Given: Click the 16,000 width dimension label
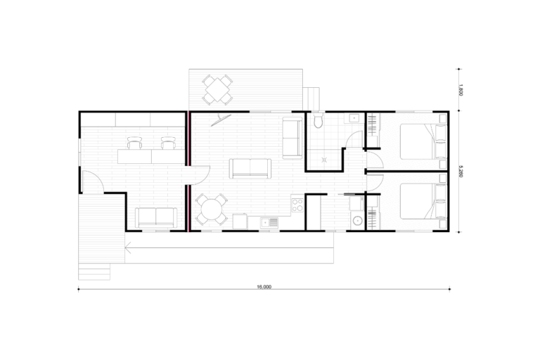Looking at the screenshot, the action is (264, 287).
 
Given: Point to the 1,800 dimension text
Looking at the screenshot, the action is (461, 90).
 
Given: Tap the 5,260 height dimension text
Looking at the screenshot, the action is (461, 172).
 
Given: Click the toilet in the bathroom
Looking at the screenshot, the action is (318, 120).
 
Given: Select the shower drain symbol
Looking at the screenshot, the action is (324, 160).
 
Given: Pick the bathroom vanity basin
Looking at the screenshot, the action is (354, 118).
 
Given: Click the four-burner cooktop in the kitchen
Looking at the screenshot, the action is (297, 205).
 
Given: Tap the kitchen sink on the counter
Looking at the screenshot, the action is (269, 223).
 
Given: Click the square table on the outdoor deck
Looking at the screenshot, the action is (217, 89).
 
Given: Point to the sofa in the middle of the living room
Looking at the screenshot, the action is (250, 169).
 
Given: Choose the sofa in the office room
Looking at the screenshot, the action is (156, 218).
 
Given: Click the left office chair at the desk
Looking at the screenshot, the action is (134, 143).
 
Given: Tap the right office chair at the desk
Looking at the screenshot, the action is (168, 143).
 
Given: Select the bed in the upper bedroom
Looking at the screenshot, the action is (423, 141).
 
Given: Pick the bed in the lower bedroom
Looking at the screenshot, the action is (423, 201).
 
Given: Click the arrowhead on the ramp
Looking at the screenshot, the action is (128, 247).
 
